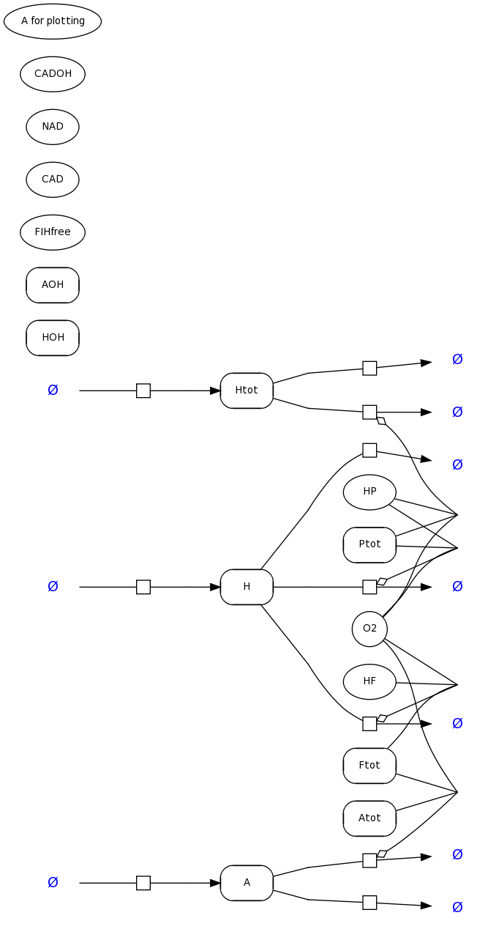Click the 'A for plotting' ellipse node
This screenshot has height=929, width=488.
(53, 21)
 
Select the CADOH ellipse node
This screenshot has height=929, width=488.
(53, 74)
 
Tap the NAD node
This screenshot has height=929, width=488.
(53, 127)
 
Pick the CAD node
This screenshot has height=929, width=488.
(53, 179)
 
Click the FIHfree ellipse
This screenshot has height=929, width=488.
(53, 232)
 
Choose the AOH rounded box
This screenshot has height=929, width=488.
(53, 285)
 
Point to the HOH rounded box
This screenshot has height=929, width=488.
(53, 338)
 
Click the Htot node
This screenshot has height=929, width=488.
(247, 391)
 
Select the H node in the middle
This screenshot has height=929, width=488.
(247, 587)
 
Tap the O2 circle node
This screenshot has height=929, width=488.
(369, 629)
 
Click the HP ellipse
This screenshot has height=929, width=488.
(369, 492)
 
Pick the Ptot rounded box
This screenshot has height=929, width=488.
(369, 544)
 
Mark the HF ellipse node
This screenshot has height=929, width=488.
(369, 681)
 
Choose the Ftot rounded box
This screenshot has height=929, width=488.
(369, 766)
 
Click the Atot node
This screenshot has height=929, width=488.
(369, 818)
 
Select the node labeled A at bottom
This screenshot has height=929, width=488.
(247, 883)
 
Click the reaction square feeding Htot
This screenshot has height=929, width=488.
(143, 391)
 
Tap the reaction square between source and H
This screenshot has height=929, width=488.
(143, 587)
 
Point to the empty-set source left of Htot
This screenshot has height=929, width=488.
(53, 391)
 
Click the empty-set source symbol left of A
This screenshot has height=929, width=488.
(53, 883)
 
